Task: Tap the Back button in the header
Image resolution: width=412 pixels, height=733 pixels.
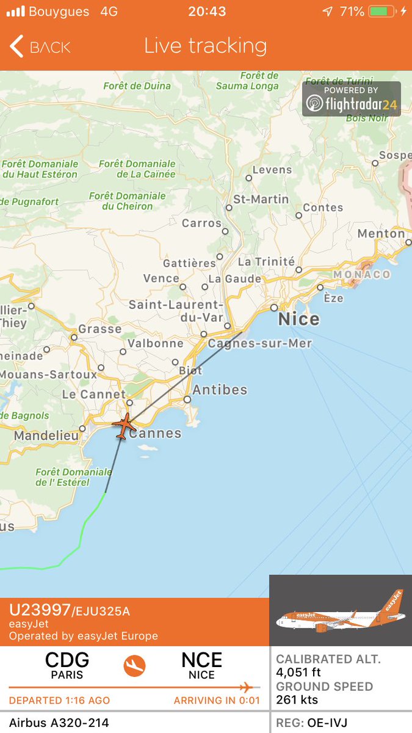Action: point(40,47)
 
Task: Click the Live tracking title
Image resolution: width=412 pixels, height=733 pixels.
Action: point(206,46)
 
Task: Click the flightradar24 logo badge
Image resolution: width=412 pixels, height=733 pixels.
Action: point(352,99)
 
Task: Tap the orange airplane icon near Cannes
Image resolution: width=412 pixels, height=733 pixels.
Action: point(125,426)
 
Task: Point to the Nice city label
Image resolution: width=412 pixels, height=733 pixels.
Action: point(298,319)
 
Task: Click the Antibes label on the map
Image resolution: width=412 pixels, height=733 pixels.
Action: point(220,390)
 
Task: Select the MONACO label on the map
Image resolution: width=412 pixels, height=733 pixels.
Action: point(361,274)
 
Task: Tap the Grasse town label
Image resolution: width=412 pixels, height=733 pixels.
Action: point(99,329)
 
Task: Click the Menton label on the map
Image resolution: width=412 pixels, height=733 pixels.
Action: point(381,233)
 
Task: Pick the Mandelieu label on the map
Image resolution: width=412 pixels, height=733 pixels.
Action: point(46,436)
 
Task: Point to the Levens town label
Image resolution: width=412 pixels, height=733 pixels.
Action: point(272,169)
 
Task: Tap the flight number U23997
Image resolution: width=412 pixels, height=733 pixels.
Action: point(40,610)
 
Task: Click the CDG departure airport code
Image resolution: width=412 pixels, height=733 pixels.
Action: point(67,660)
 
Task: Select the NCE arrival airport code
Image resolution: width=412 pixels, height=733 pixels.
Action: point(201,660)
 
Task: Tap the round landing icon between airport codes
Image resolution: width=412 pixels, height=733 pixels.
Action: point(135,666)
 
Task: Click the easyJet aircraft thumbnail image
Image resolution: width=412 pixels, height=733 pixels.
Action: point(341,611)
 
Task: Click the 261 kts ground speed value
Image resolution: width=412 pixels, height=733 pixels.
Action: point(297,699)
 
